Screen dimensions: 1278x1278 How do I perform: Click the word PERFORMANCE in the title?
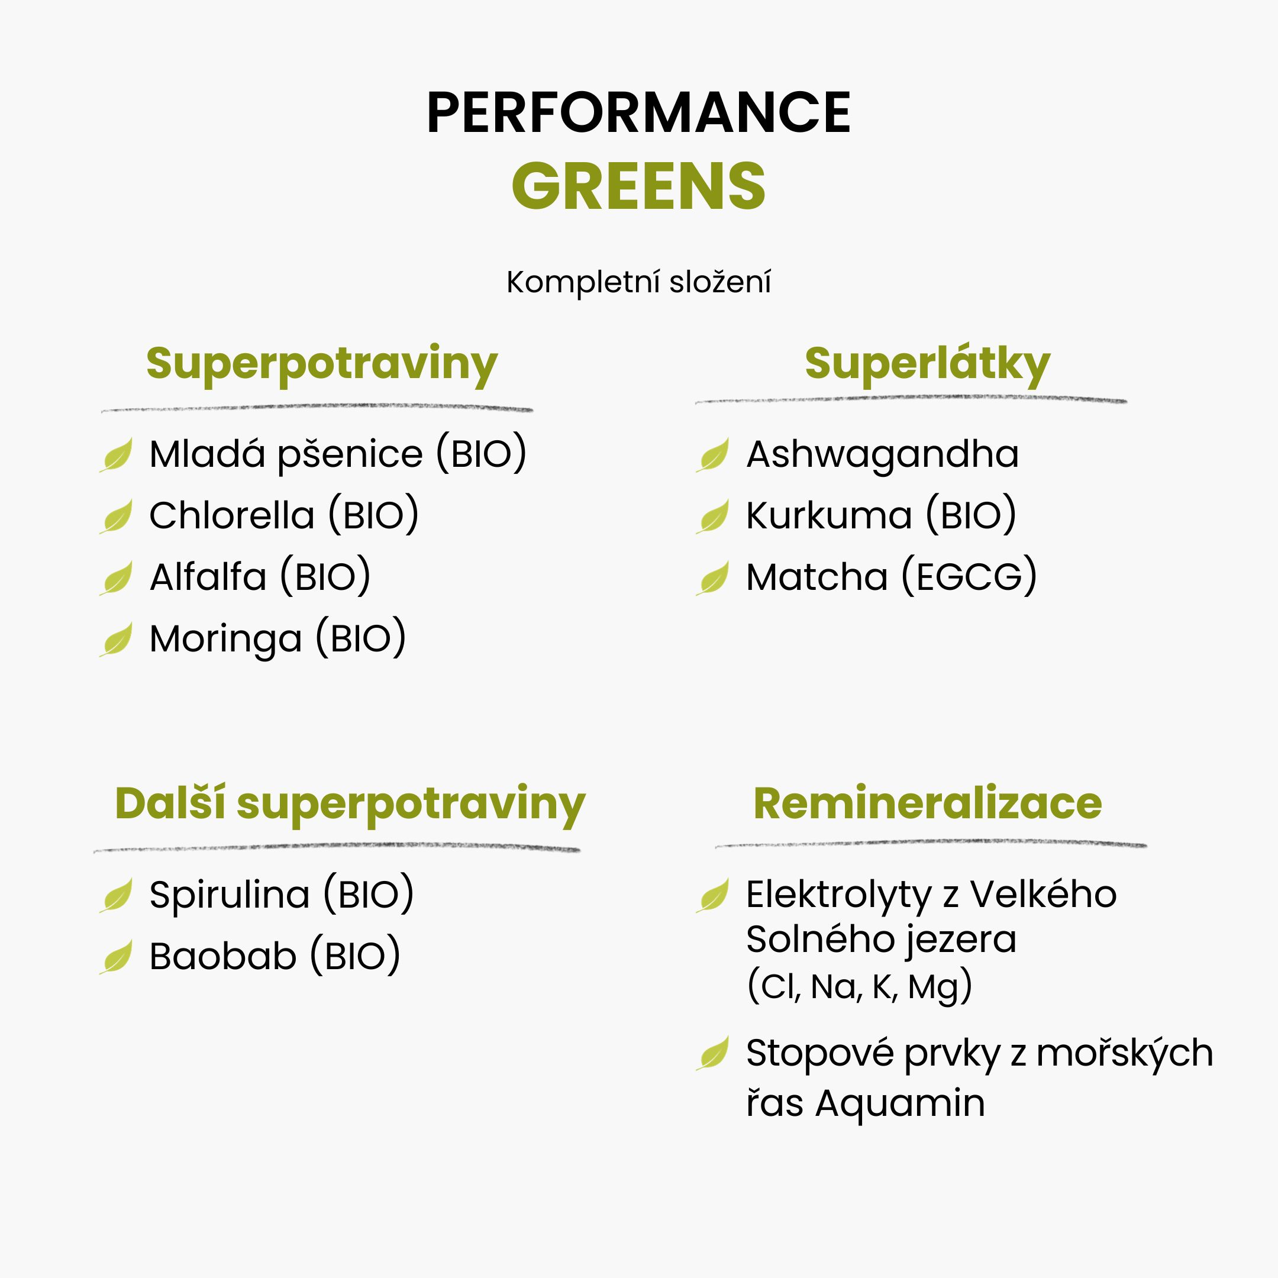coord(639,112)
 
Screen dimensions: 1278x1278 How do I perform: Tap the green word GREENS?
coord(639,186)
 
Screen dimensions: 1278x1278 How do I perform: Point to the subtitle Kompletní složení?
coord(639,282)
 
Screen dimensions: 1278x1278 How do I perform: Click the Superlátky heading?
coord(927,364)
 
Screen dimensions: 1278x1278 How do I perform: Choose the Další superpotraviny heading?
coord(351,805)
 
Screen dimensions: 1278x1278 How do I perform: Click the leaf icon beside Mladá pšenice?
coord(117,455)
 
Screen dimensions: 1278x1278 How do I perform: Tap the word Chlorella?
coord(231,515)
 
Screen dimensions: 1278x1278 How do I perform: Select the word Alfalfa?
coord(208,577)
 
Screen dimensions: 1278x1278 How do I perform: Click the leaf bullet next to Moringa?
coord(117,640)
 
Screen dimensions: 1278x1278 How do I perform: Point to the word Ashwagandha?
coord(882,454)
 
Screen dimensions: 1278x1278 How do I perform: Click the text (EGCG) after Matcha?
coord(970,576)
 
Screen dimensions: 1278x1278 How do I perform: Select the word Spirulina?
coord(230,895)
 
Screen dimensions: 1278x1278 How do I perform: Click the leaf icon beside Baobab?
coord(117,957)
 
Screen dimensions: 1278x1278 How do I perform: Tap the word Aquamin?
coord(901,1104)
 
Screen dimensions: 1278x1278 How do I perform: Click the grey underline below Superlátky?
coord(911,399)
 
